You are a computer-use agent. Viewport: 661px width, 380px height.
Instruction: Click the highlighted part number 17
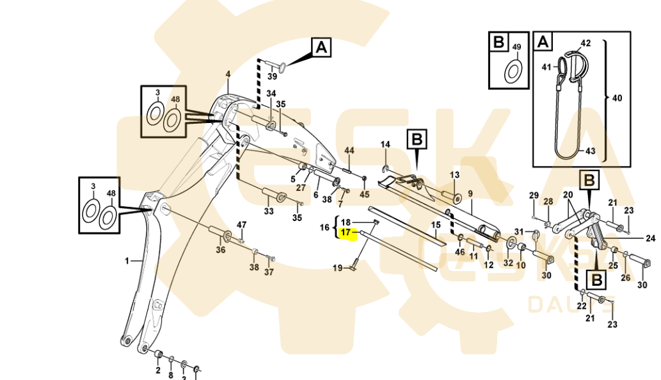346,233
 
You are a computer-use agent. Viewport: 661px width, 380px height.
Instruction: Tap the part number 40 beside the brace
617,99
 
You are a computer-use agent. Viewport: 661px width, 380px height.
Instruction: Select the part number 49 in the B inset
517,47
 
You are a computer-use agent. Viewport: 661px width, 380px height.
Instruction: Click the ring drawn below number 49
513,71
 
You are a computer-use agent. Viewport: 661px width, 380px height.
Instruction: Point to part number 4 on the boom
227,75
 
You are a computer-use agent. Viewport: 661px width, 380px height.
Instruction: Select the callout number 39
272,76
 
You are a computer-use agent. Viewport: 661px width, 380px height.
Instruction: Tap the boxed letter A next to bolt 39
321,47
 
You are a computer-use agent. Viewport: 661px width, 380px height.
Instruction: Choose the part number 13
454,174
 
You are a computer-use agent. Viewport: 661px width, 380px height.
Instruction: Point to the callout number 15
436,225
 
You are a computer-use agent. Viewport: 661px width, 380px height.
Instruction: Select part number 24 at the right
650,238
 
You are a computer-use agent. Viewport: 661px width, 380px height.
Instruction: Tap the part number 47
241,225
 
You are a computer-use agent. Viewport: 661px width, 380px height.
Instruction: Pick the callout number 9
470,194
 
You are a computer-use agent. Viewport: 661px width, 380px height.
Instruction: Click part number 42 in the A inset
585,43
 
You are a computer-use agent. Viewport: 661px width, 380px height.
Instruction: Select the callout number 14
385,144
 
